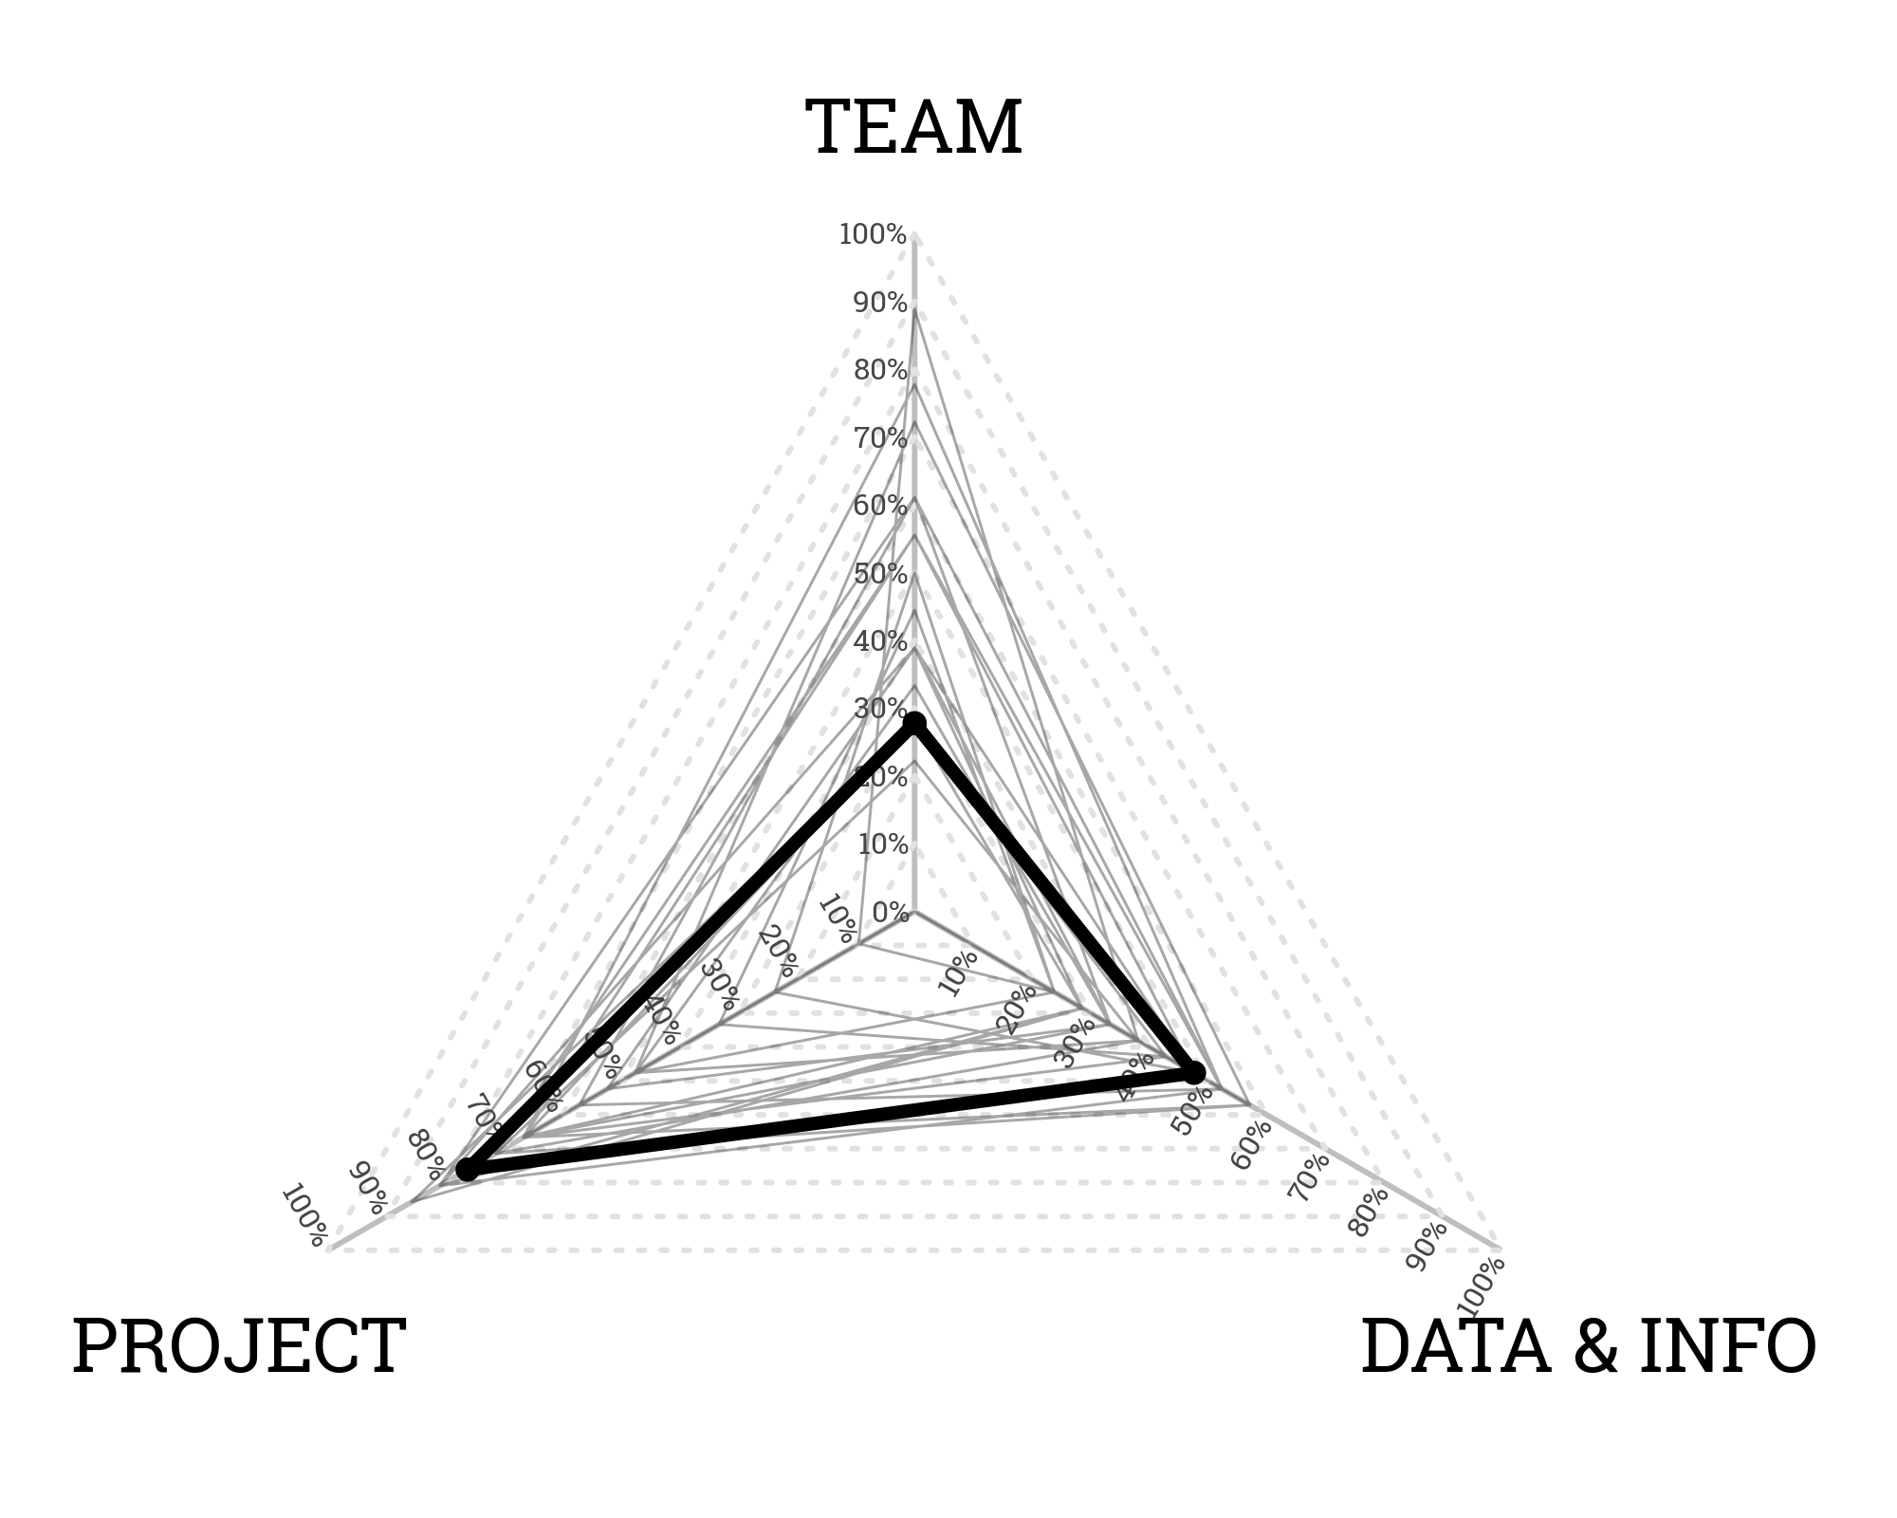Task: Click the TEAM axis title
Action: (913, 128)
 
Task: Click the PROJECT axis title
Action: (239, 1346)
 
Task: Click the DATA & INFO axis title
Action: (1588, 1346)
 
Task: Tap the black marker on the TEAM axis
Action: (914, 725)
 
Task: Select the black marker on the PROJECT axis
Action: (467, 1169)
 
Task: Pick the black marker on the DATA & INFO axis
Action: (1195, 1073)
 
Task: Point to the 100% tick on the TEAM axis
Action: (873, 234)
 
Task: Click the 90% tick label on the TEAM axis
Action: (880, 303)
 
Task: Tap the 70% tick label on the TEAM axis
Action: (880, 438)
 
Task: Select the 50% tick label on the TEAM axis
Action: (880, 574)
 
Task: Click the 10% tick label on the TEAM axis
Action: (882, 844)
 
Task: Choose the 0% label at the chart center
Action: (890, 913)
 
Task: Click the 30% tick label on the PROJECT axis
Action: (721, 984)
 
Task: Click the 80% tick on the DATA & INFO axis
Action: (1369, 1212)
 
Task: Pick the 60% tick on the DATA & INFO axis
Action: (1251, 1144)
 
